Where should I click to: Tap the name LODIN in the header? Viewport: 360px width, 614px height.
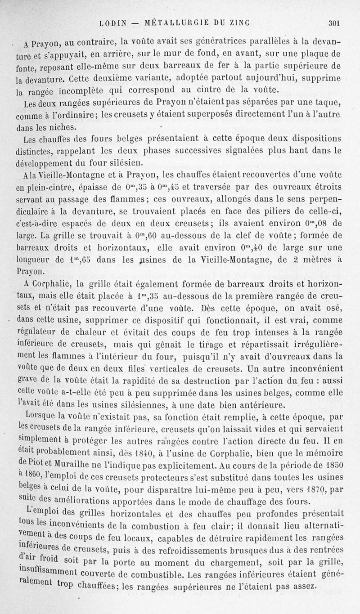pyautogui.click(x=112, y=22)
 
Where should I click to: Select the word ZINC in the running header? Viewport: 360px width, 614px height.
pyautogui.click(x=239, y=22)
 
